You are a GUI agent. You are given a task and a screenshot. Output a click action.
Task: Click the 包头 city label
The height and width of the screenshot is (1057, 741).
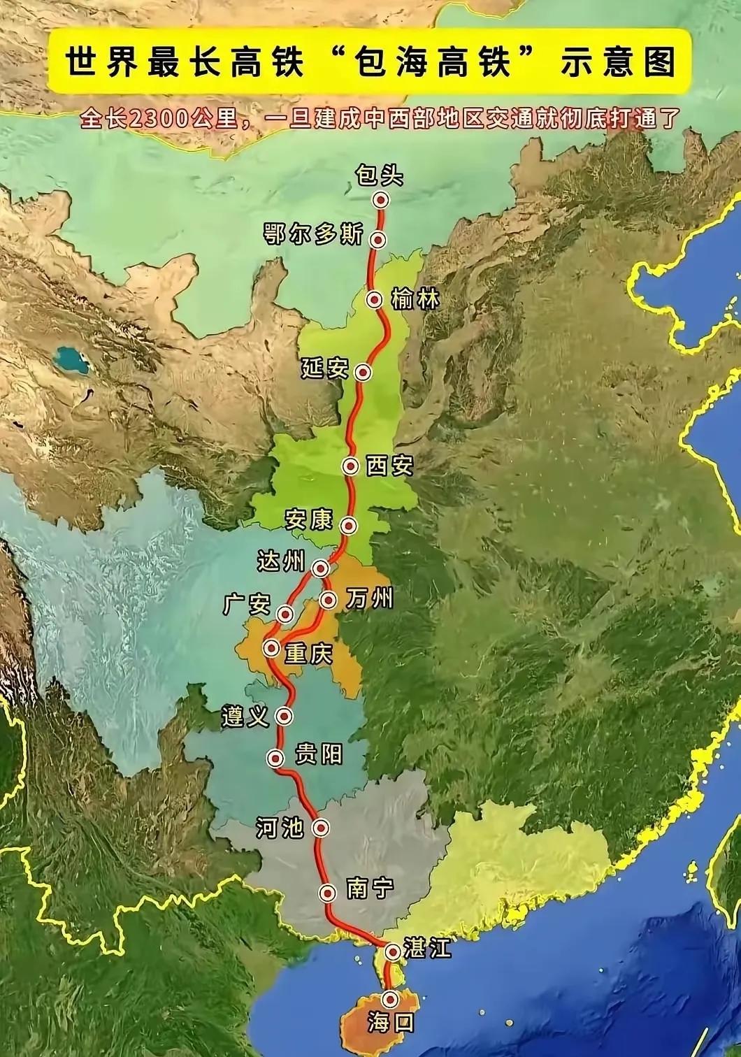(x=380, y=174)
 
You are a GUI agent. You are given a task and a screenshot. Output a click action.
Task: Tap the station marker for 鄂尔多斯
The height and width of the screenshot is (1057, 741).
(x=378, y=240)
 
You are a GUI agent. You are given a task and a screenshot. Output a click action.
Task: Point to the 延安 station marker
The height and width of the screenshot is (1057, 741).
(x=362, y=371)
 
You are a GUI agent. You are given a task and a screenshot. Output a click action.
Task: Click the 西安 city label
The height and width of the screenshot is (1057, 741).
(x=390, y=466)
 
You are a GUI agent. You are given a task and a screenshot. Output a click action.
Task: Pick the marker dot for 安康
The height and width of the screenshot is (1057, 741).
(x=347, y=525)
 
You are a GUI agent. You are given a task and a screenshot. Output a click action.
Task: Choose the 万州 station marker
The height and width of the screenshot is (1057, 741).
(x=328, y=599)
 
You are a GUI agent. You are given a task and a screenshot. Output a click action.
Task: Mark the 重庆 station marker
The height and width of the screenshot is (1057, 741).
(x=272, y=648)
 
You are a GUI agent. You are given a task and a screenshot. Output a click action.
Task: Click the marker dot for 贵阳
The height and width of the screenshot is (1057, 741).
(x=277, y=758)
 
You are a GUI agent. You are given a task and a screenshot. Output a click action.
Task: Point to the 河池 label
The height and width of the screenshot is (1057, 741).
(x=280, y=828)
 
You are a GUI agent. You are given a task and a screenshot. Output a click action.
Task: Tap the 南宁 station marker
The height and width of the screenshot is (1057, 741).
(x=328, y=892)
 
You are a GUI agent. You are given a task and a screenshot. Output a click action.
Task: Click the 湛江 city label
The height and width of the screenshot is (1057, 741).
(x=427, y=949)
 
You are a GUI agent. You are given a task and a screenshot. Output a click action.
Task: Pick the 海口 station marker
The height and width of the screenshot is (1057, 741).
(x=389, y=998)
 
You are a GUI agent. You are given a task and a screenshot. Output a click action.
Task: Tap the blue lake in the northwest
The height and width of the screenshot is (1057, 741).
(x=71, y=361)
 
